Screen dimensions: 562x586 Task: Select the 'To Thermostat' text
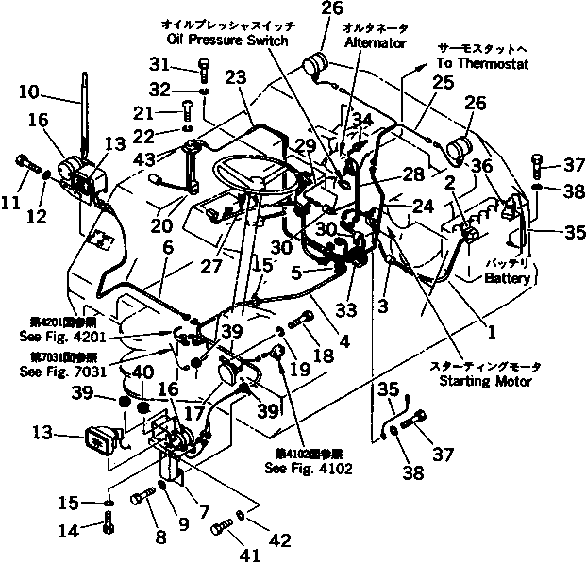482,63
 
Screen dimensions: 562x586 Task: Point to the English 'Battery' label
509,278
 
